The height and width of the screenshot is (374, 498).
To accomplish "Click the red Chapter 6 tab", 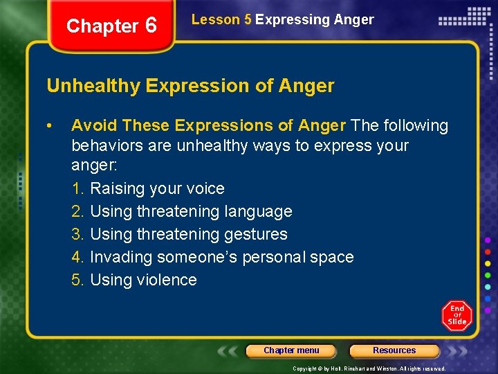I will [x=111, y=26].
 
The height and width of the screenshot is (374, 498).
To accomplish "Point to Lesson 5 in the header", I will [x=221, y=19].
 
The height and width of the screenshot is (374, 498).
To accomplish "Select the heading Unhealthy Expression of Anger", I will [x=190, y=86].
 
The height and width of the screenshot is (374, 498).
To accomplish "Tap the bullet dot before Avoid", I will [x=50, y=125].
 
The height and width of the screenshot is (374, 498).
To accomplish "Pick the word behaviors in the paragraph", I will [x=105, y=146].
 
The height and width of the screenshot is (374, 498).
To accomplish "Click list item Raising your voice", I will [x=157, y=188].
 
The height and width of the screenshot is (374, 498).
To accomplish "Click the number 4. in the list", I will [x=78, y=257].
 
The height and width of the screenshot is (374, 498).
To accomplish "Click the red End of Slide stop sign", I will [x=456, y=316].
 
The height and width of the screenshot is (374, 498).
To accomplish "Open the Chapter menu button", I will [x=291, y=350].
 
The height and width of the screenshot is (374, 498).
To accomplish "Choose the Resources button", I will [x=394, y=350].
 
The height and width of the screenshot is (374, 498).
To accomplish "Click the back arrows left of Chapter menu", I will [x=229, y=351].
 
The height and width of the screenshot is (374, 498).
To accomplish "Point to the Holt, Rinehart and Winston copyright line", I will [x=369, y=368].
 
